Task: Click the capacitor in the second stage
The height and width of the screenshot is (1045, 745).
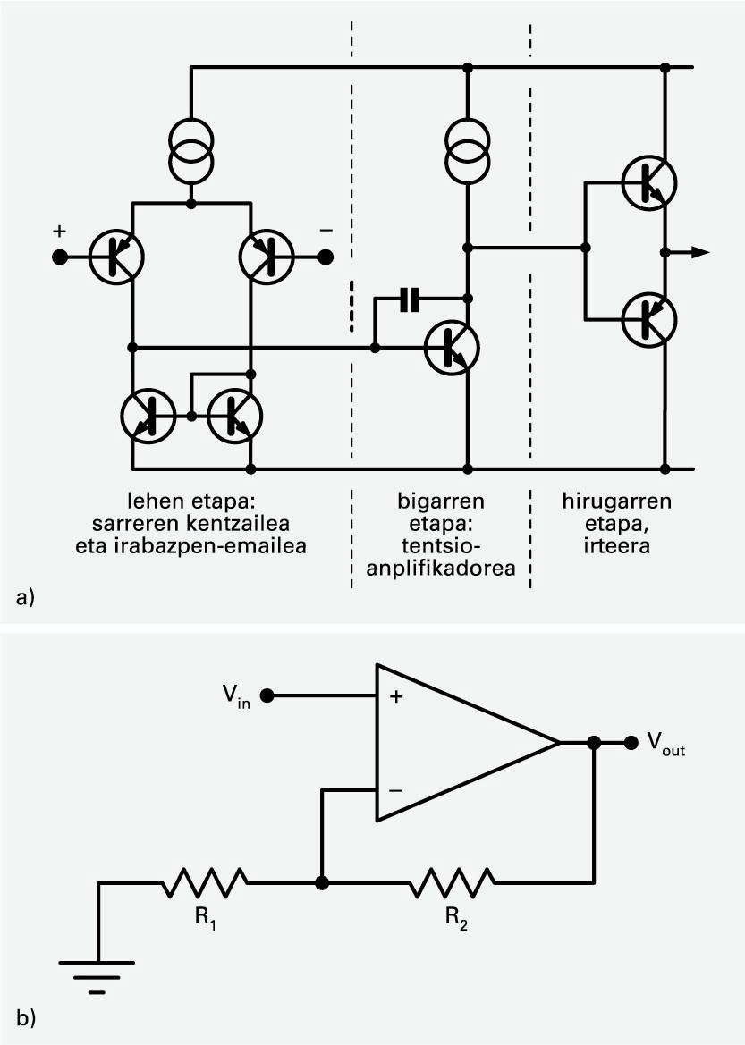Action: [x=409, y=299]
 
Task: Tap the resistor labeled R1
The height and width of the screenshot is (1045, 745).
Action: [x=204, y=883]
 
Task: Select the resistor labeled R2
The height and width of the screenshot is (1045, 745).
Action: [x=452, y=883]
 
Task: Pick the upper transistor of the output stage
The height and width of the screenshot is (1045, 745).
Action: [x=649, y=181]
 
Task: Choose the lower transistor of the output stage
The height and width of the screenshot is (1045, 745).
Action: [x=649, y=317]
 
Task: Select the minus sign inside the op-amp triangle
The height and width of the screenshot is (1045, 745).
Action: [x=395, y=790]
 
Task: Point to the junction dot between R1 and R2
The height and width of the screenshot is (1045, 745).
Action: [x=322, y=883]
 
